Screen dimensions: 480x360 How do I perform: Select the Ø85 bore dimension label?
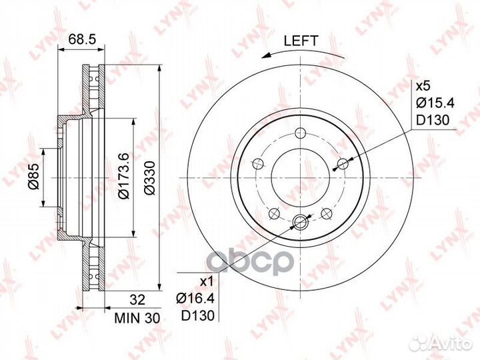[x=34, y=176]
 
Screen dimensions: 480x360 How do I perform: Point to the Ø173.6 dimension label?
[x=124, y=176]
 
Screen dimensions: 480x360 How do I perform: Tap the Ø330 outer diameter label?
[x=150, y=177]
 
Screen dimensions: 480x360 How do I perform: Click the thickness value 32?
[x=137, y=300]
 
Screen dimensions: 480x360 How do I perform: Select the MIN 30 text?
[x=137, y=319]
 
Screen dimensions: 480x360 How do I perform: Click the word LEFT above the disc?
[x=301, y=41]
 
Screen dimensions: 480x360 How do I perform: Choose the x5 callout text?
[x=423, y=86]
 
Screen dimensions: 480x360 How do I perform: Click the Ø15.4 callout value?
[x=435, y=103]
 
